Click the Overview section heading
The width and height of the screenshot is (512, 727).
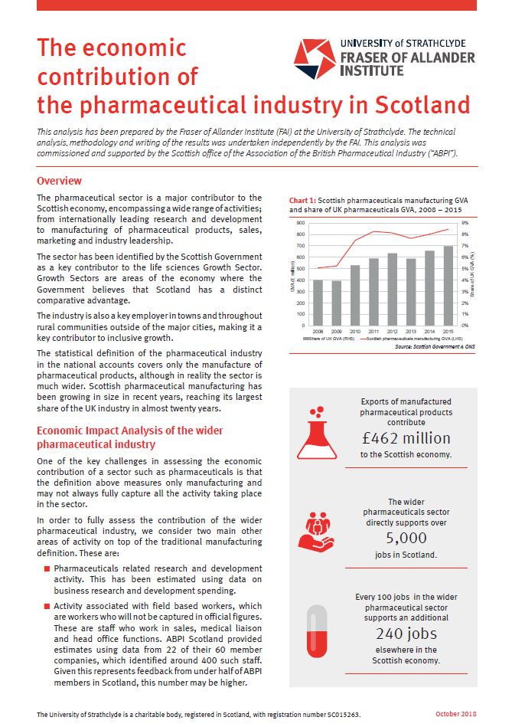click(60, 182)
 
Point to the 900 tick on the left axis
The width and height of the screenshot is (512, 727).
click(300, 223)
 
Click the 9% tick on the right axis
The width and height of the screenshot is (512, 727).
click(464, 223)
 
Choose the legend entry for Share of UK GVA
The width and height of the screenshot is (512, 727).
click(328, 338)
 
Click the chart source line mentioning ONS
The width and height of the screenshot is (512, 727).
click(428, 347)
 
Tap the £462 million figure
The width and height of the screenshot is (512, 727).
click(406, 437)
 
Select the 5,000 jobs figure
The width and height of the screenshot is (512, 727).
click(406, 537)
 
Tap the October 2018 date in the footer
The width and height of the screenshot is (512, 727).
click(456, 713)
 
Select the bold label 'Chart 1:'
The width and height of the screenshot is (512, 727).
click(303, 200)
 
